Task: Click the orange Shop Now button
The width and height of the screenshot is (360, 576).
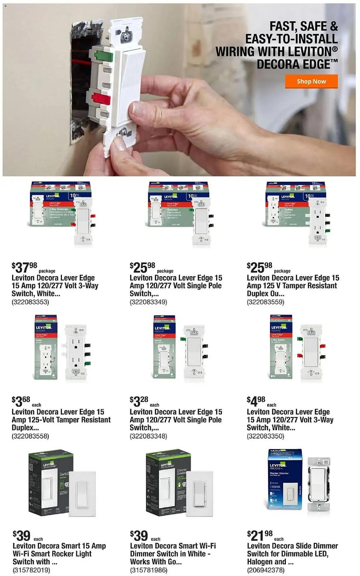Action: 311,82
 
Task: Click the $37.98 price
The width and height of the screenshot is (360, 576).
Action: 24,268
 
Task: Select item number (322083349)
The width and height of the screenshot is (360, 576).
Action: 148,302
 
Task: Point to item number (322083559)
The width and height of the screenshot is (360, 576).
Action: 265,302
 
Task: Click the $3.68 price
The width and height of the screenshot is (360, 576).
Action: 21,401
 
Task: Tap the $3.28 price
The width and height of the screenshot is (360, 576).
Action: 139,401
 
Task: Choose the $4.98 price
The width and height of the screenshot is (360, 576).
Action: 256,401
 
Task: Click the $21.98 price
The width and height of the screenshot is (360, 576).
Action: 260,535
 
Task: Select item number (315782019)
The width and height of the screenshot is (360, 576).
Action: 31,570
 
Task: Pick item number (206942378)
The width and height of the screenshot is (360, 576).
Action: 266,570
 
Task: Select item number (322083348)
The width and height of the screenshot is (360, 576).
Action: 148,436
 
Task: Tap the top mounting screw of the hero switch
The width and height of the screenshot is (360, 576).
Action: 126,35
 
